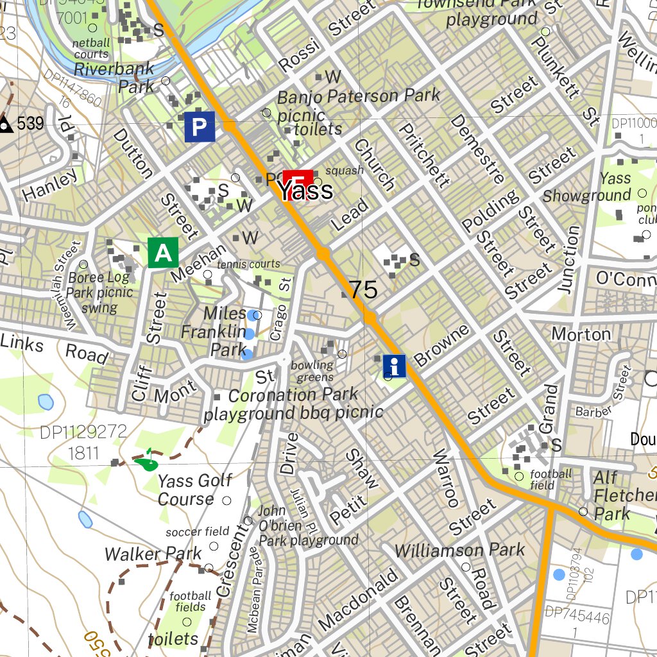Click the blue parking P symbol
point(199,128)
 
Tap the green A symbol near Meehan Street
point(163,252)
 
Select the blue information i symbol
point(395,366)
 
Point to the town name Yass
point(305,191)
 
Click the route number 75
point(363,290)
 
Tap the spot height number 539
point(30,123)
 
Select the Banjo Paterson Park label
point(358,96)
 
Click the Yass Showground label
point(586,187)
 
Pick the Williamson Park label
point(459,550)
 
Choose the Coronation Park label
point(293,395)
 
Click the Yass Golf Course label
point(186,490)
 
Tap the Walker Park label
point(153,553)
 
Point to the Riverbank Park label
point(114,77)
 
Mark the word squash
point(345,171)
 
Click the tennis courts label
point(248,264)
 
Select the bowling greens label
point(313,371)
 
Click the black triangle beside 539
point(6,124)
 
